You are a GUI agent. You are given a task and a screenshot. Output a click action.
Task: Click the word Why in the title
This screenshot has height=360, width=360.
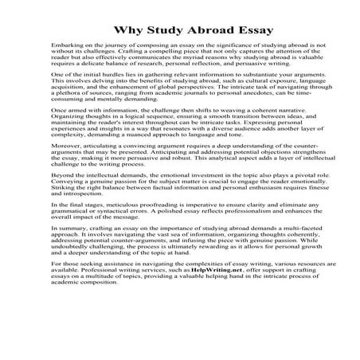pos(126,31)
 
